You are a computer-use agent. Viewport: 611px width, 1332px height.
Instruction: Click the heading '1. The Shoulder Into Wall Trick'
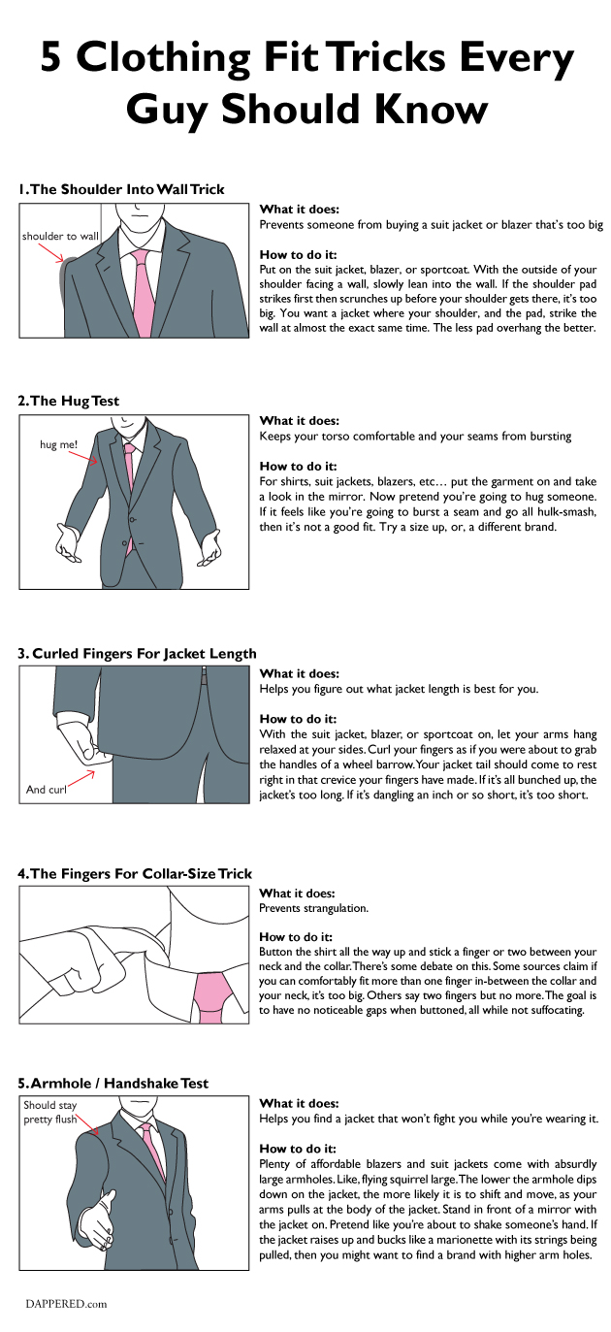[121, 189]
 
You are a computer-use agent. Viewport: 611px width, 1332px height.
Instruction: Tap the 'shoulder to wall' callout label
[60, 236]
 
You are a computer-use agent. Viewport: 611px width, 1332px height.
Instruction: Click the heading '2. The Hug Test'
[69, 401]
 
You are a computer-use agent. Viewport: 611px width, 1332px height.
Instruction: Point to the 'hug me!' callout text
[59, 445]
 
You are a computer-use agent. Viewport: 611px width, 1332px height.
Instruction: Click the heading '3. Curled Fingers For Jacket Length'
[137, 654]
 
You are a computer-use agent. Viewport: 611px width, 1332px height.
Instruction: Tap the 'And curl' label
[46, 790]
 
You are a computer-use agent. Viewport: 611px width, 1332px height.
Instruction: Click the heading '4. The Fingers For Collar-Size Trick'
[135, 873]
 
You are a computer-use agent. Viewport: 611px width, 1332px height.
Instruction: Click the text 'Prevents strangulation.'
[313, 908]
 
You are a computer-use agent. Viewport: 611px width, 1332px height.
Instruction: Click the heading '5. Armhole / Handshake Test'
[113, 1083]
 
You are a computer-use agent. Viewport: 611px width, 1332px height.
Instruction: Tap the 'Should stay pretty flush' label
[50, 1113]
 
